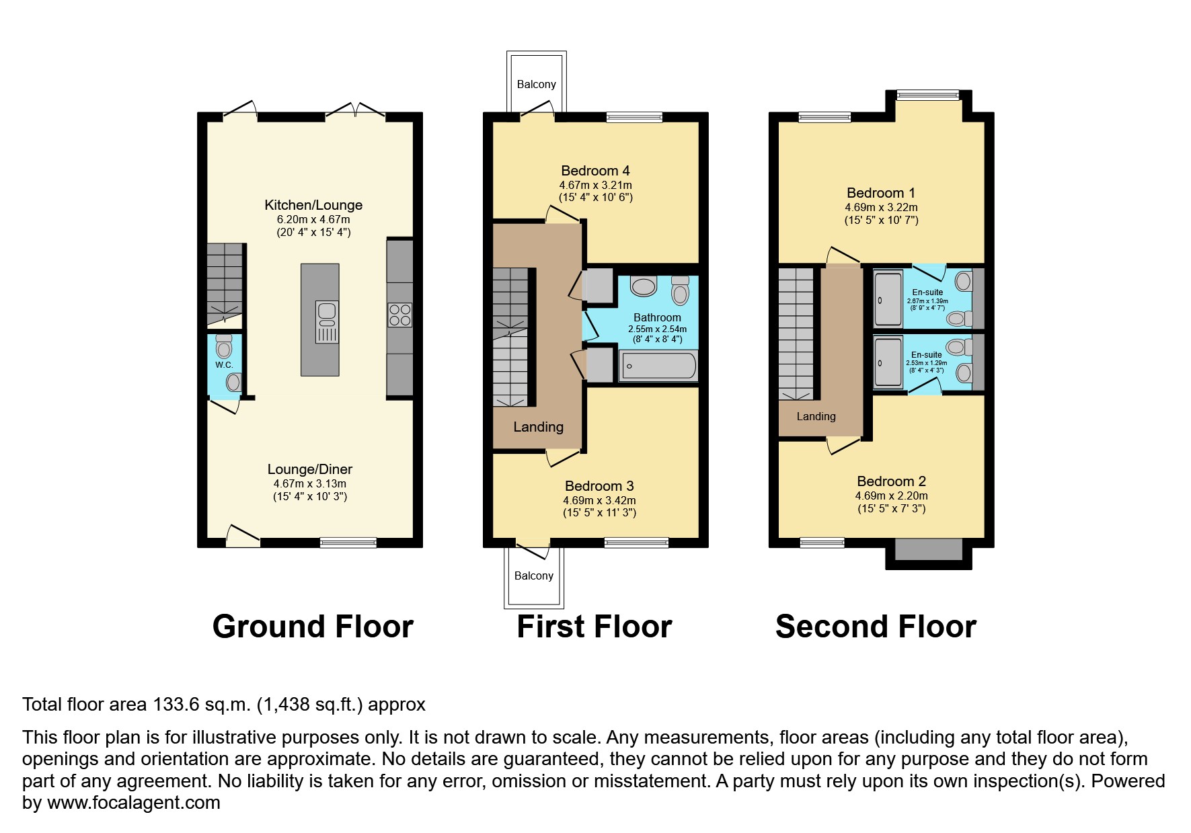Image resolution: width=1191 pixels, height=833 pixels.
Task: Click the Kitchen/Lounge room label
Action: tap(313, 205)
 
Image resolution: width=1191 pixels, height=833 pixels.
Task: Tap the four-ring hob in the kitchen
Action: tap(399, 315)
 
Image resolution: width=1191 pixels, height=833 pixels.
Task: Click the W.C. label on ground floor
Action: tap(224, 365)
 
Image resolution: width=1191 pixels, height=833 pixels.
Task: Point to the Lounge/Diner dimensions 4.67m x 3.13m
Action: tap(309, 483)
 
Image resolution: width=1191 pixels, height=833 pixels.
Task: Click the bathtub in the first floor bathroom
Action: tap(658, 366)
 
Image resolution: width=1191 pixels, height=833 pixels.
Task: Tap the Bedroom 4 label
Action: tap(595, 171)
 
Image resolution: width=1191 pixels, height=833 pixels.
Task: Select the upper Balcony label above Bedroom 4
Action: tap(536, 85)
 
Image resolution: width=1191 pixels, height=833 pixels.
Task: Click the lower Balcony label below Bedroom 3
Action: tap(533, 576)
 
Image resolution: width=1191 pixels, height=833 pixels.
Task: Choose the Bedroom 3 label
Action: tap(599, 486)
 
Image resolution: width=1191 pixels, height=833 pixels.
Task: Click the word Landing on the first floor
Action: tap(538, 427)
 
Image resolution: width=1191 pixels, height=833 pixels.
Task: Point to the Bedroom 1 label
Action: tap(880, 193)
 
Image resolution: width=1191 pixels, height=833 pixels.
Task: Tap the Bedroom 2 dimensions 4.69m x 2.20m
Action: tap(891, 496)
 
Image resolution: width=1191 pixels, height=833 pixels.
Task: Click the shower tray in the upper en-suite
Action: tap(888, 299)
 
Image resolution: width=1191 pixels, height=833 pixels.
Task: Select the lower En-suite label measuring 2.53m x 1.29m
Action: tap(926, 355)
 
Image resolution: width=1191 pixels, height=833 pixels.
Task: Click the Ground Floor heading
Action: tap(313, 627)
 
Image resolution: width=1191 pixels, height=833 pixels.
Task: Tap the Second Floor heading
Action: tap(875, 627)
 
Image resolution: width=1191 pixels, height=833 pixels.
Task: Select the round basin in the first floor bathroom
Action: tap(644, 287)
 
